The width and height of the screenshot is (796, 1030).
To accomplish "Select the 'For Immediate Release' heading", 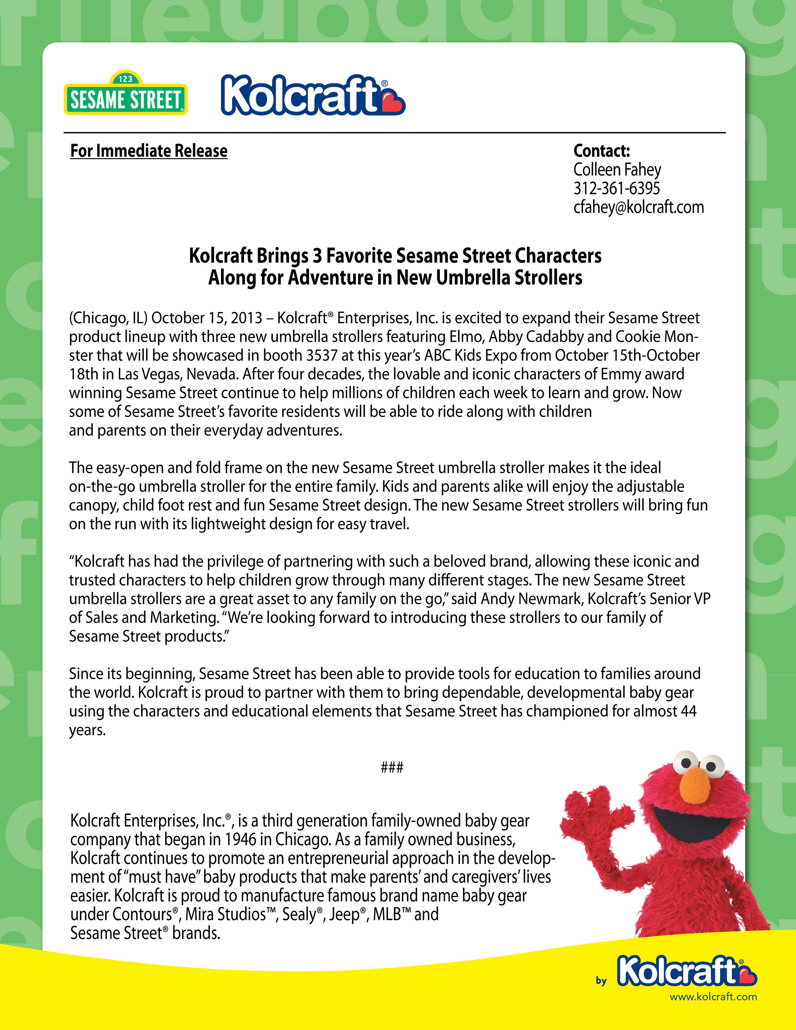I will click(x=149, y=151).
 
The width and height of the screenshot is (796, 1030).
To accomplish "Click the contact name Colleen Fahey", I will click(x=617, y=170).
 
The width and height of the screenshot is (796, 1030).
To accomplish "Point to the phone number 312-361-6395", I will click(x=616, y=189).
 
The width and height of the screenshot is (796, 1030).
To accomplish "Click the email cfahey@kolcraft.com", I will click(x=638, y=208).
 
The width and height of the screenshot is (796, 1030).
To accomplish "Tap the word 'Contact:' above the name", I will click(x=601, y=151).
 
